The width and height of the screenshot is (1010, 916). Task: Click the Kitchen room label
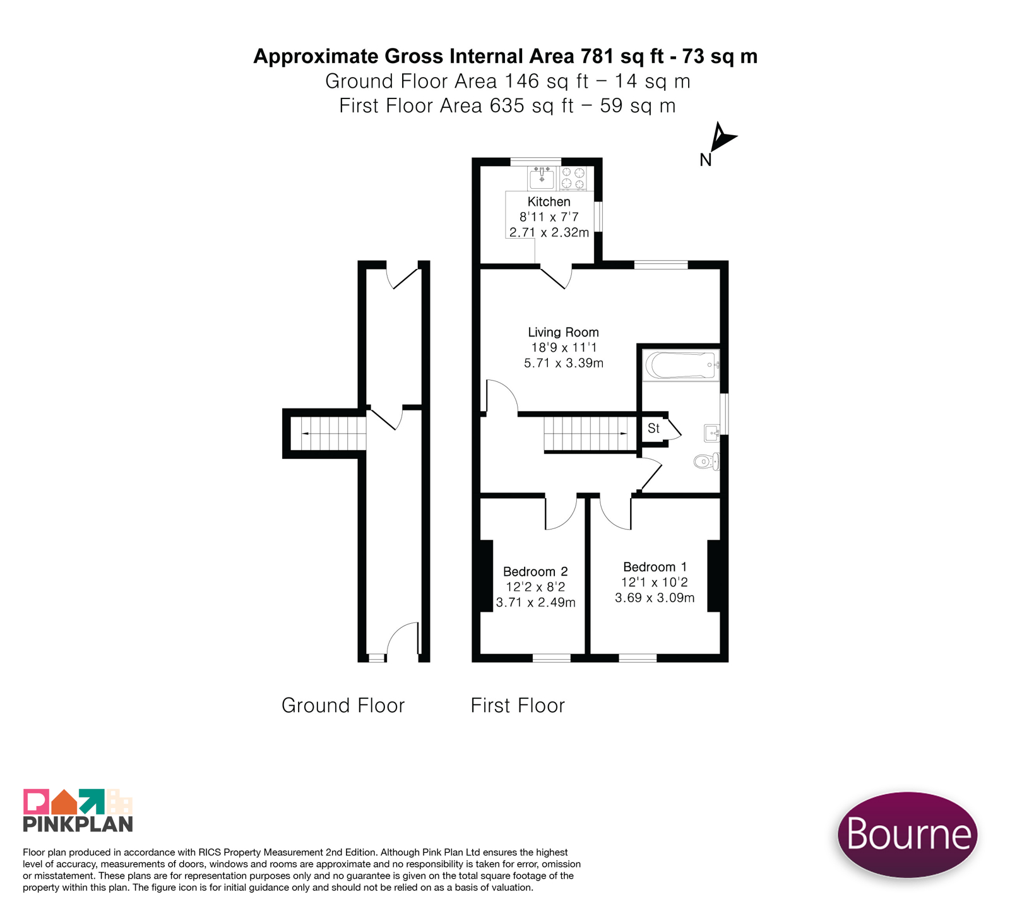[549, 202]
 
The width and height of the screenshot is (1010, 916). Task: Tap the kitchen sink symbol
[542, 178]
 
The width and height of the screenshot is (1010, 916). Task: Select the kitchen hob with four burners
[574, 178]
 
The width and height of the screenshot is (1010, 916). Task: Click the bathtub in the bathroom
[681, 366]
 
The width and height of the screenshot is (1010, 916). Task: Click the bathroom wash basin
[712, 433]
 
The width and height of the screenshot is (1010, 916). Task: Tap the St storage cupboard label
[653, 429]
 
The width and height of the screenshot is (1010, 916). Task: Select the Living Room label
[563, 332]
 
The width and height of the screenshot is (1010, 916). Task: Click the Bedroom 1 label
[655, 567]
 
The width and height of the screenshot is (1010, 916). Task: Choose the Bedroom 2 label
[535, 571]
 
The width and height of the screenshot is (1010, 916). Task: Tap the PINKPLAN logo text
[78, 824]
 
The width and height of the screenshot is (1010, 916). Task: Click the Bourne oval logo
[907, 834]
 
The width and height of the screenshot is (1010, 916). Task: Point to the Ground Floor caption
[343, 705]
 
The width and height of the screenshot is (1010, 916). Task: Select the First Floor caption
[518, 705]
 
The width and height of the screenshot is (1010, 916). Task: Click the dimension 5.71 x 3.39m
[564, 363]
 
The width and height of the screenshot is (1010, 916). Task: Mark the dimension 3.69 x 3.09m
[655, 598]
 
